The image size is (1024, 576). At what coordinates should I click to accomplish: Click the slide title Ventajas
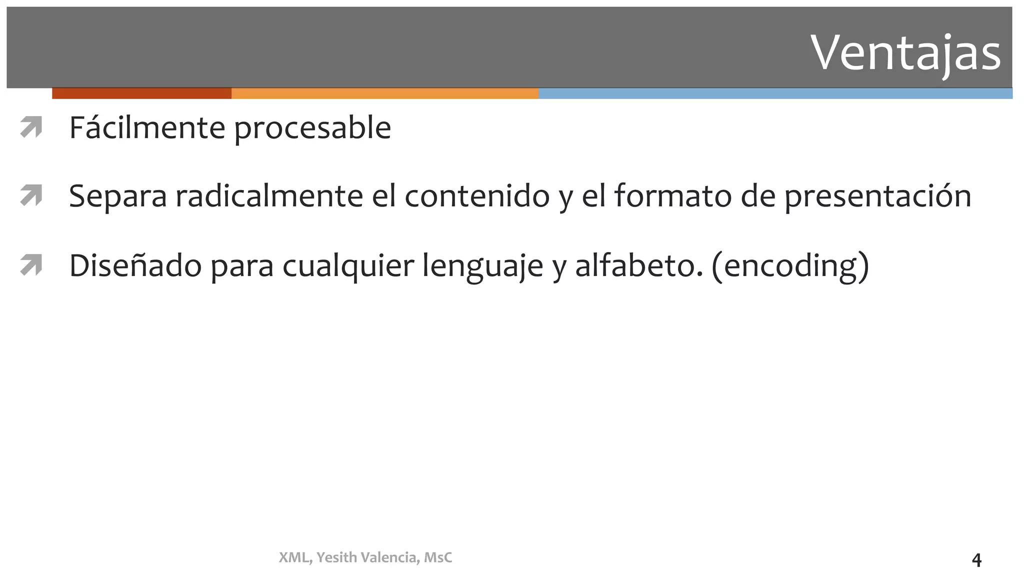(x=905, y=52)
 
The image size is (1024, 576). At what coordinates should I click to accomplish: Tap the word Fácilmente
(x=147, y=127)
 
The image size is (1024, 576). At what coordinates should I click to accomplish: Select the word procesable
(x=312, y=128)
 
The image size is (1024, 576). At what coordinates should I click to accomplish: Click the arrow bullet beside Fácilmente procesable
(x=31, y=127)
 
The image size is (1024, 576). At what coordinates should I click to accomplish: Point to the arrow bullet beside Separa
(x=31, y=195)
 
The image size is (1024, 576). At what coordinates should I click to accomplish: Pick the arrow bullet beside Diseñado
(x=31, y=265)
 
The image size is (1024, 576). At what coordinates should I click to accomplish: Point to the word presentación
(x=877, y=196)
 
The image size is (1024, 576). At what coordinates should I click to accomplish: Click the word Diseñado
(x=135, y=265)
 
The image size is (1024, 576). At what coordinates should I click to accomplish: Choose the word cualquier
(x=348, y=266)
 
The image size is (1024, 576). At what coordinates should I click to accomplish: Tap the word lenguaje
(x=482, y=266)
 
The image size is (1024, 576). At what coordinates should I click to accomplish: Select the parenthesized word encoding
(x=790, y=266)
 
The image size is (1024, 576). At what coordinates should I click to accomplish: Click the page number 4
(x=976, y=560)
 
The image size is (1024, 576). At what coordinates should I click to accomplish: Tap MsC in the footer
(x=438, y=557)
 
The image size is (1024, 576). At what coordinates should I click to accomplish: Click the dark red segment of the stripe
(x=141, y=93)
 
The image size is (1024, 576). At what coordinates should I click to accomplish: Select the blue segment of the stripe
(x=775, y=93)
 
